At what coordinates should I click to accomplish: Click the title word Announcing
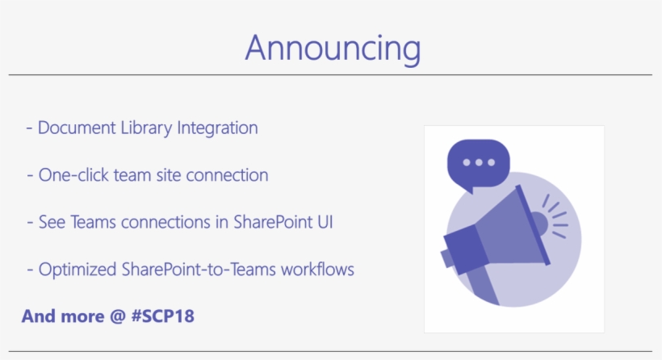click(332, 48)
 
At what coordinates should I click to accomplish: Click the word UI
click(324, 222)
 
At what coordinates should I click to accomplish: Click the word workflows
click(317, 270)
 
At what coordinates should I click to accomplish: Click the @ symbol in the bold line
click(117, 316)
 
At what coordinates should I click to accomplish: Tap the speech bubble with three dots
click(478, 164)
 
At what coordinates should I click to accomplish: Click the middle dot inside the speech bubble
click(478, 161)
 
